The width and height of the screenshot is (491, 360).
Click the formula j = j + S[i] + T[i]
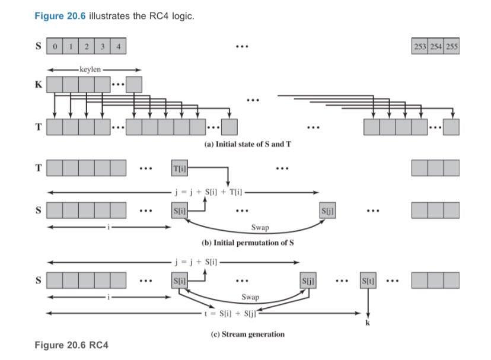tap(207, 192)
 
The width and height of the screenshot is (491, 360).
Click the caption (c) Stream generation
tap(248, 334)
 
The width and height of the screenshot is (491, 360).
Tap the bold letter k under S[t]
tap(367, 323)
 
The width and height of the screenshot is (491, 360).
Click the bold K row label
tap(39, 85)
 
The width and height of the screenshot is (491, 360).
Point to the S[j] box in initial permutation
tap(328, 210)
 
